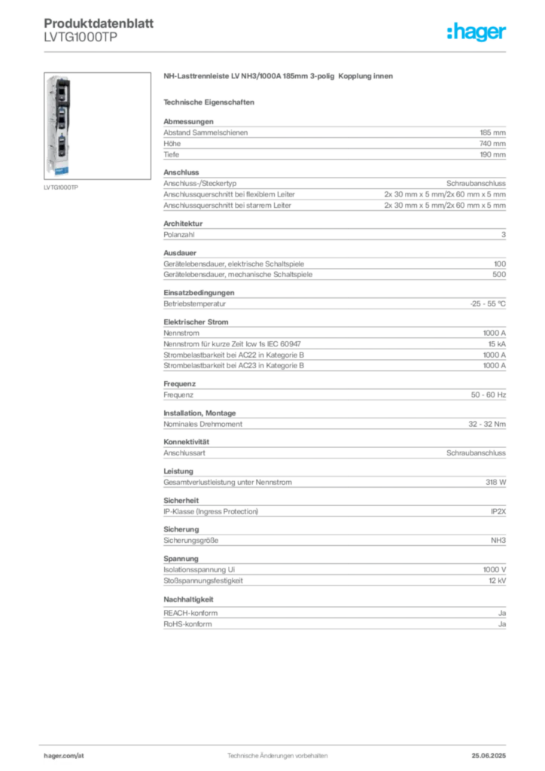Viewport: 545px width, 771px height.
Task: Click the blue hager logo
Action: (477, 33)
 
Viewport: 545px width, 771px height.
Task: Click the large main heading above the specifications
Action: (279, 78)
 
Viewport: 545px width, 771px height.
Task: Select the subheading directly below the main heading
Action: (211, 102)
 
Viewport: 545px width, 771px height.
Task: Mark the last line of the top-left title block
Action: (78, 44)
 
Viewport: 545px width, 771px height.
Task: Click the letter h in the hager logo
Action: (452, 32)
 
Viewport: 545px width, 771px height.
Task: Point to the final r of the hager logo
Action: (504, 35)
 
